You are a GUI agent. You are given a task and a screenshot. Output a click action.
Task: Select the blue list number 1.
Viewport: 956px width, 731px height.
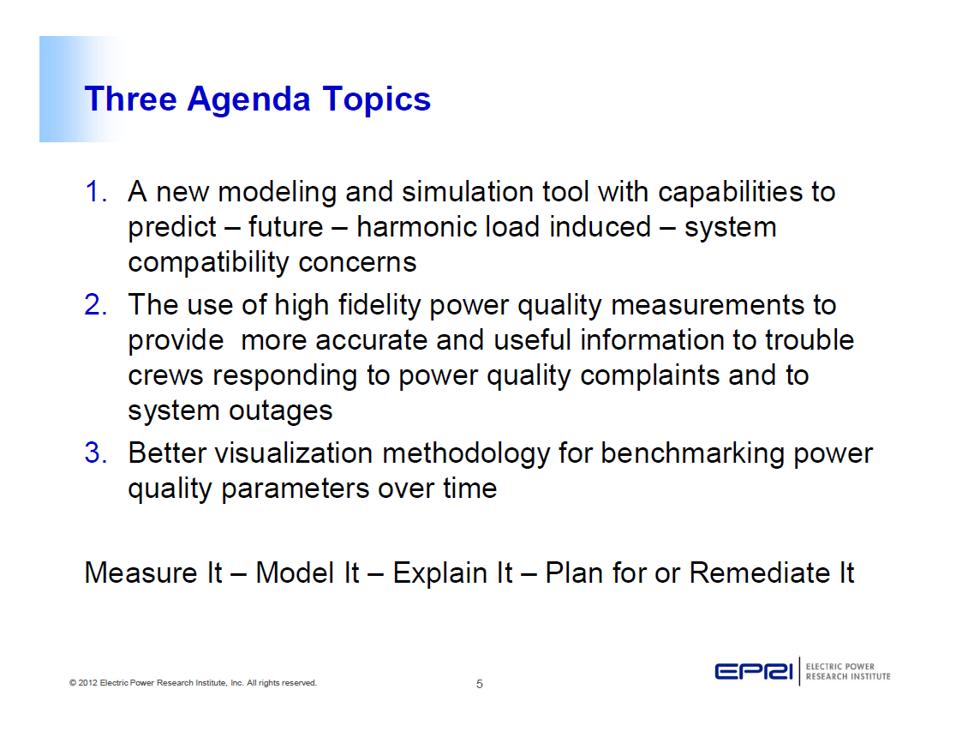(x=95, y=192)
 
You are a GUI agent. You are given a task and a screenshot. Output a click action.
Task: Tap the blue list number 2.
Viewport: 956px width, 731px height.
(x=95, y=305)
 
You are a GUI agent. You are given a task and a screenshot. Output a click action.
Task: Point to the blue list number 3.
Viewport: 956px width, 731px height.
(x=95, y=453)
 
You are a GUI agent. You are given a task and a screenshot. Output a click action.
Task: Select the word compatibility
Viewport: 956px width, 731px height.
(x=209, y=262)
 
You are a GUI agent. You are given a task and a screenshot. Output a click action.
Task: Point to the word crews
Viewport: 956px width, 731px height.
(x=167, y=375)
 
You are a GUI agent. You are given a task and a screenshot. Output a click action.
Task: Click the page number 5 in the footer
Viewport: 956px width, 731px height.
(x=480, y=684)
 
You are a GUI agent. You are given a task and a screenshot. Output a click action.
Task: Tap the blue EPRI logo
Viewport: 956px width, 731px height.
(x=754, y=671)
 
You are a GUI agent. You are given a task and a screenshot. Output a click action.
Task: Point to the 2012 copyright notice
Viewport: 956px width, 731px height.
(x=193, y=683)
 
